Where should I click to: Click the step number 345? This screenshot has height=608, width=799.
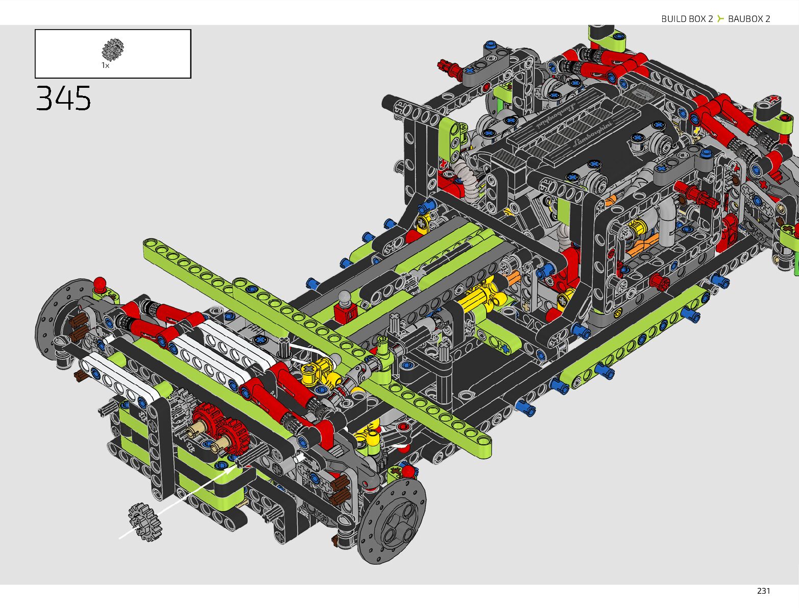[x=63, y=98]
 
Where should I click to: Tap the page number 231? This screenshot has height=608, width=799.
[x=763, y=591]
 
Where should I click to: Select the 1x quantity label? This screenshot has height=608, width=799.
[x=105, y=65]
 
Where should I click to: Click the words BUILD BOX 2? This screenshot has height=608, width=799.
[x=687, y=19]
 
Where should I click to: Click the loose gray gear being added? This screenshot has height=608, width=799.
[x=144, y=522]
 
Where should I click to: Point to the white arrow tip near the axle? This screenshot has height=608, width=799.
[x=237, y=467]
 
